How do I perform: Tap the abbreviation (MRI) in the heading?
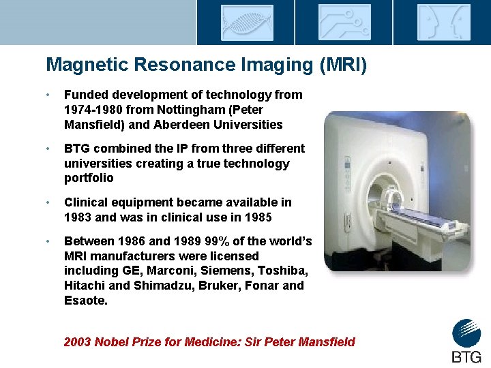click(x=343, y=65)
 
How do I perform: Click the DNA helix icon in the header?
click(x=246, y=22)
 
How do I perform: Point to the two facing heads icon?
click(x=444, y=22)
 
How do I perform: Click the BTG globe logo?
click(x=466, y=334)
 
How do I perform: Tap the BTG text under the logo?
click(x=466, y=356)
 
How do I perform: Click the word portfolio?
click(x=89, y=178)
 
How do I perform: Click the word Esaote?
click(x=85, y=300)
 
